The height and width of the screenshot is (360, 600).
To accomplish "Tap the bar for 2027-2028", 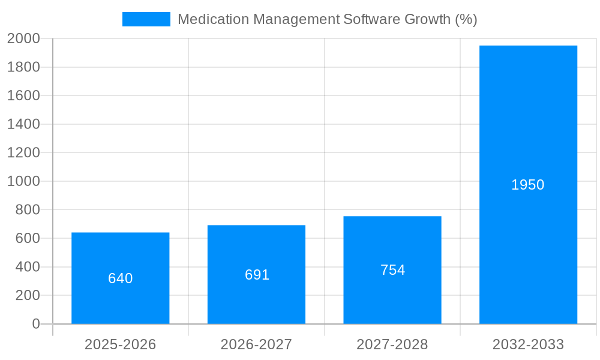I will [x=392, y=300].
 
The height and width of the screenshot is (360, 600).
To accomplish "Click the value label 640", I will [x=120, y=278].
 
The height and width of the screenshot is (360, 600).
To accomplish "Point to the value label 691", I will [x=257, y=275].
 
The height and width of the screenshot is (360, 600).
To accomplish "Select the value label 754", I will [x=392, y=270].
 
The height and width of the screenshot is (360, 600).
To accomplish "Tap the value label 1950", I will [x=528, y=185].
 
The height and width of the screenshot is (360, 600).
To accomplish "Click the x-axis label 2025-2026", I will [x=120, y=344].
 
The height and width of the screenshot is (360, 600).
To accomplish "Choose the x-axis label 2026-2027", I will [x=256, y=344].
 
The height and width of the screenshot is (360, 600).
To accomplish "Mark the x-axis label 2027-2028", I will [x=392, y=344].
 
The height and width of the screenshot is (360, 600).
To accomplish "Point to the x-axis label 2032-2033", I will [x=528, y=344].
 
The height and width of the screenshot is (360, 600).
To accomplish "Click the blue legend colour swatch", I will [x=146, y=19].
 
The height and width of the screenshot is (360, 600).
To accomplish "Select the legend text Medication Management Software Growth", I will [x=327, y=19].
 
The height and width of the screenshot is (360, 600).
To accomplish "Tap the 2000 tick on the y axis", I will [x=23, y=38].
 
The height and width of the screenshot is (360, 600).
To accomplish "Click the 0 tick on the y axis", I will [x=36, y=324].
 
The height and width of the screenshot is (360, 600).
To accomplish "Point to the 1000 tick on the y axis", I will [x=23, y=181].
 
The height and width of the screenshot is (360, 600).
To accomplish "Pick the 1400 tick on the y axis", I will [x=23, y=124].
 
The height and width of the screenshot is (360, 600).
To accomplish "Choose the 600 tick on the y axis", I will [x=28, y=238].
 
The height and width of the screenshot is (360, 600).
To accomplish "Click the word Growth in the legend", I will [x=427, y=19].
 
